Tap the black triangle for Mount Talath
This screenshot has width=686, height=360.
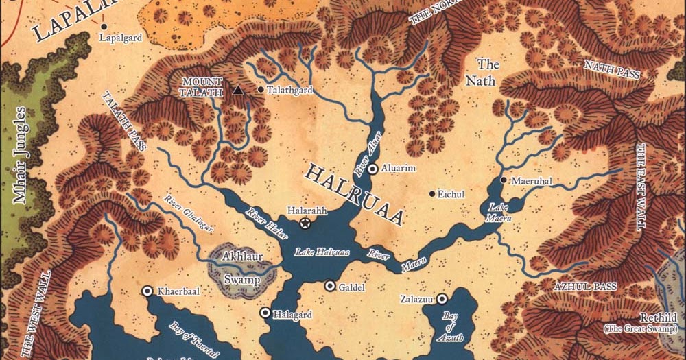(238, 90)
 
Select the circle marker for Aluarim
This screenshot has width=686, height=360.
(372, 169)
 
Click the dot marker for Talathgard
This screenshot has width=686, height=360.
(261, 90)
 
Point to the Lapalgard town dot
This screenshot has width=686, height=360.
(104, 27)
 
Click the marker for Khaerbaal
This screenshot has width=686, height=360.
(147, 291)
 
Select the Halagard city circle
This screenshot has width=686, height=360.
(265, 313)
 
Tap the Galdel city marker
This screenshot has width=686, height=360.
(330, 286)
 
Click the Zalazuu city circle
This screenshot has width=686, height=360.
(442, 298)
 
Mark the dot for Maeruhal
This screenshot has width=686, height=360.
(504, 180)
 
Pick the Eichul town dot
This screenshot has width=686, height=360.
(431, 194)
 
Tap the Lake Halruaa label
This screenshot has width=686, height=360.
(322, 252)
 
